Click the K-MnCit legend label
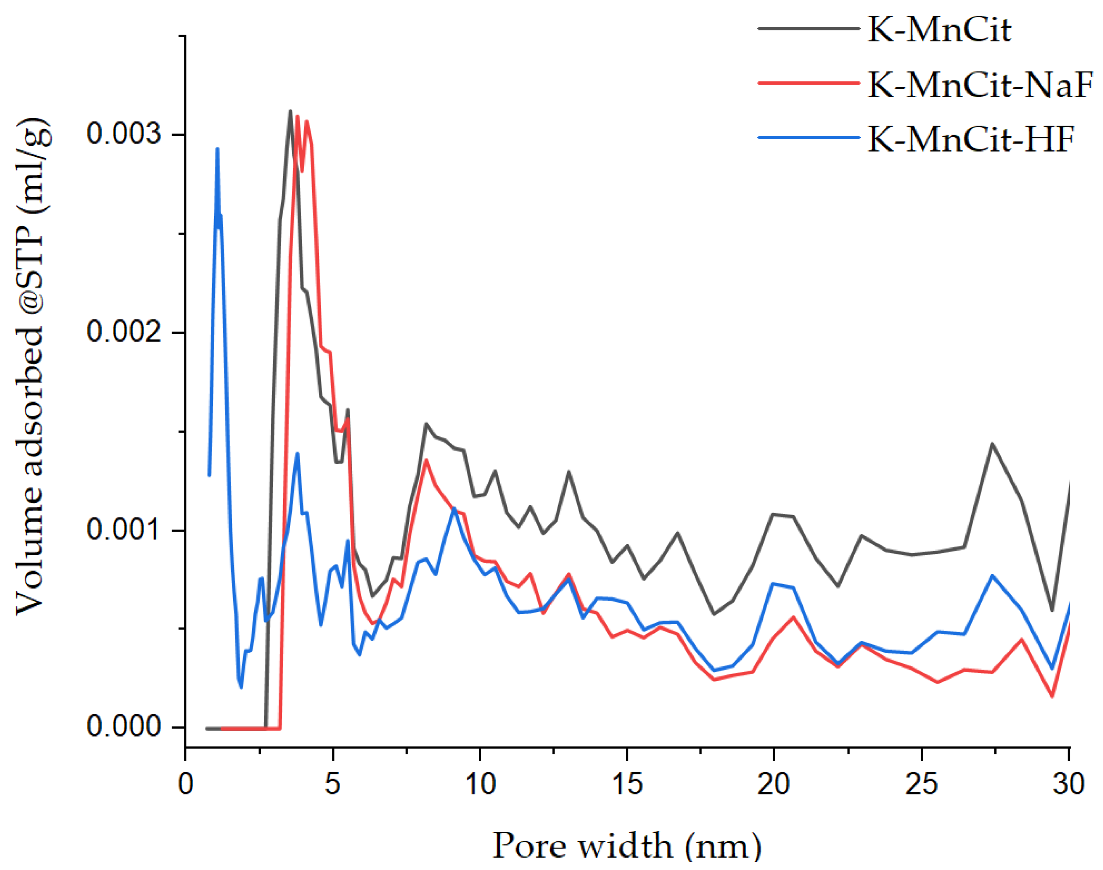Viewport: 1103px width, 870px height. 939,30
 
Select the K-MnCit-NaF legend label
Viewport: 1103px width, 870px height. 980,84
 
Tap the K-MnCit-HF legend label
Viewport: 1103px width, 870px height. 971,138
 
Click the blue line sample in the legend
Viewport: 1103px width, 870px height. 809,137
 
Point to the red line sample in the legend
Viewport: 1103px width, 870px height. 809,83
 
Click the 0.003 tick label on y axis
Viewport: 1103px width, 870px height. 124,134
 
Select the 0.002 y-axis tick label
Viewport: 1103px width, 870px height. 124,332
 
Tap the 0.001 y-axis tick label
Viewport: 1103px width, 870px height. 124,530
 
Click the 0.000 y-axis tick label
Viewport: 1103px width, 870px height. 124,727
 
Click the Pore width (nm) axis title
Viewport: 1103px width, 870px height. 627,846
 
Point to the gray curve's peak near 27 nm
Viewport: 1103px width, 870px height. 992,443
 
